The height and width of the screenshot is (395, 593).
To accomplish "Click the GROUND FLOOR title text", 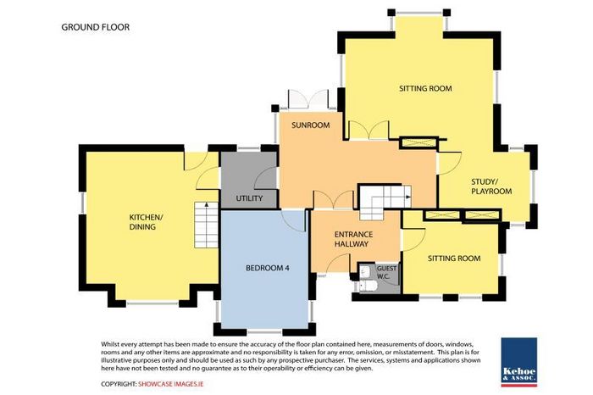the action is [x=95, y=27].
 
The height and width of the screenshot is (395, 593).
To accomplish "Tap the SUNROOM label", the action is [x=311, y=125].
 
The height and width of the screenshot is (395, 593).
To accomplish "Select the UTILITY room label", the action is [x=249, y=198].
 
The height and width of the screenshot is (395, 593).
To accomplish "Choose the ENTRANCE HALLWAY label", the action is [x=353, y=239].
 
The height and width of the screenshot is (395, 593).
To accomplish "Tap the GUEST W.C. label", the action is [x=386, y=272].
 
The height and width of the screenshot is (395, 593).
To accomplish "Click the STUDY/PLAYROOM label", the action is [x=491, y=186].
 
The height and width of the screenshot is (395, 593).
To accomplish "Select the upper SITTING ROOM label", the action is [x=425, y=88].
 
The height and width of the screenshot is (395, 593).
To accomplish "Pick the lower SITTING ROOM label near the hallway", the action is [x=454, y=259].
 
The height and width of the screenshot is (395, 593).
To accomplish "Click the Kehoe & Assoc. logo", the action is [x=518, y=362].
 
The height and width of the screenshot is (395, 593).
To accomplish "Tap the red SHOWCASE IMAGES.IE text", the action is [x=170, y=384].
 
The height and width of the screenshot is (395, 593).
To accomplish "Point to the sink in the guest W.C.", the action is [x=365, y=271].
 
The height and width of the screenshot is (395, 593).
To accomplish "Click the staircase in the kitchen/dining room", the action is [x=206, y=225].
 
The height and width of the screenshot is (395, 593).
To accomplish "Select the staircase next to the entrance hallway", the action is [x=385, y=203].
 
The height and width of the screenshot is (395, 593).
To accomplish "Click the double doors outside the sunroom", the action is [x=308, y=99].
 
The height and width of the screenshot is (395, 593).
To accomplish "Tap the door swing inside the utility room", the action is [x=265, y=178].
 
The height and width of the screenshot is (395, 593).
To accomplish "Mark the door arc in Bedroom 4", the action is [x=294, y=220].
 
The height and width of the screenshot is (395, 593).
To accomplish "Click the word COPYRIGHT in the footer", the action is [x=119, y=384].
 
